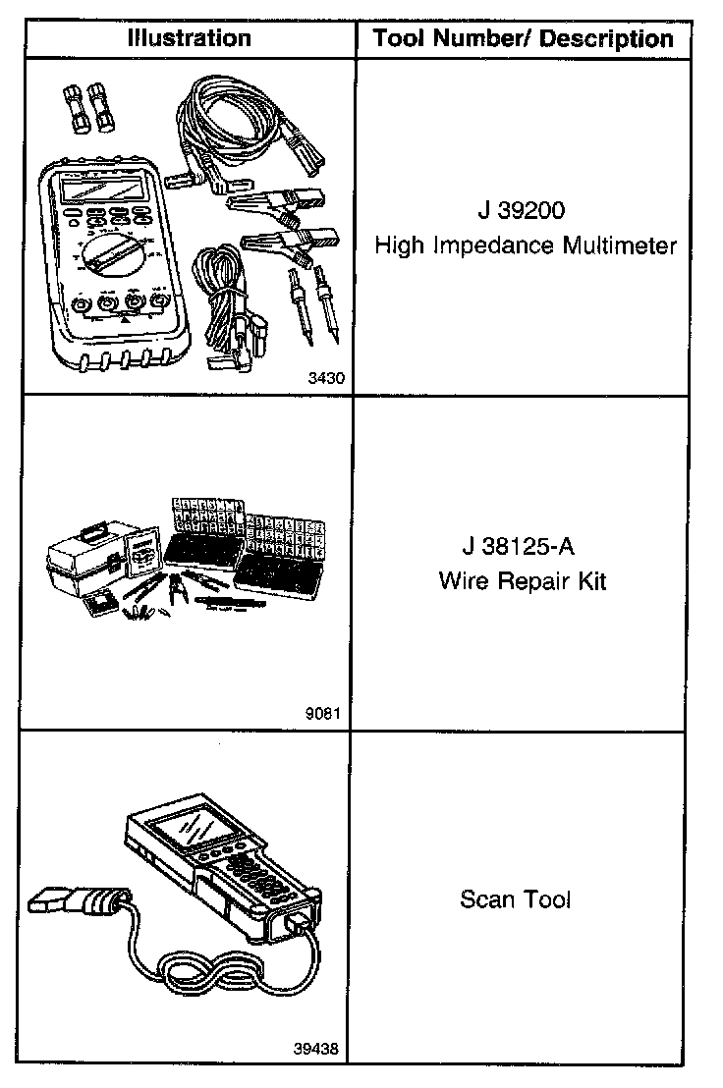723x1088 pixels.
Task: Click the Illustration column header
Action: (x=189, y=38)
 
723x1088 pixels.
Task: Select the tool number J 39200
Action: (x=525, y=210)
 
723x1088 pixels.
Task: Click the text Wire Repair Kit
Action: (x=523, y=580)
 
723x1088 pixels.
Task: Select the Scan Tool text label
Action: (x=515, y=898)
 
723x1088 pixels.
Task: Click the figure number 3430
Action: (x=326, y=375)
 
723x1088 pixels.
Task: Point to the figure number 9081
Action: (x=326, y=714)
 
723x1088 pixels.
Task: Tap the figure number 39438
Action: (x=316, y=1048)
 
